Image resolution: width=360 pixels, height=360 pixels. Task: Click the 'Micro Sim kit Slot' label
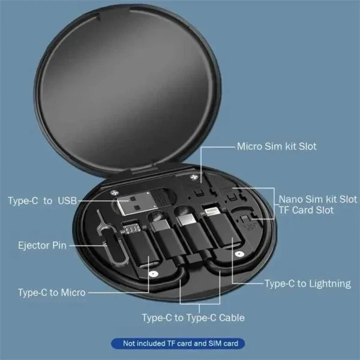tap(277, 146)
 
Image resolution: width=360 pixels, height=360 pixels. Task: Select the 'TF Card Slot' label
tap(306, 210)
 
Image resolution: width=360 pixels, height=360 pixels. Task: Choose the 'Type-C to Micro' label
tap(52, 292)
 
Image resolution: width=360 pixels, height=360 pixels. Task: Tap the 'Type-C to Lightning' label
tap(307, 281)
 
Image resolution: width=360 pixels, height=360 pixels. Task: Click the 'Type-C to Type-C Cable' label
tap(193, 317)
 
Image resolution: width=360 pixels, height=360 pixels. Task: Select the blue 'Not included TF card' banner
tap(178, 344)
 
